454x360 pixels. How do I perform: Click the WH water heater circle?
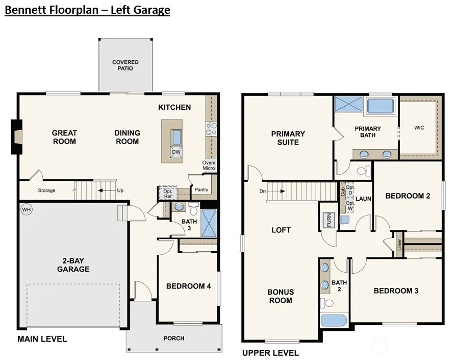pos(27,209)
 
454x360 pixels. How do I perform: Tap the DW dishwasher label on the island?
pos(176,152)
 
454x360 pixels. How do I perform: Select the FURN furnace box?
pos(329,220)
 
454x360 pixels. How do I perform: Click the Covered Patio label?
pos(125,65)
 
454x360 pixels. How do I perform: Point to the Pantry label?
pos(201,189)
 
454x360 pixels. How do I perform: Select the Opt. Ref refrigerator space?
pos(168,193)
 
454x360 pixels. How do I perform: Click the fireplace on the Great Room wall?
pos(17,136)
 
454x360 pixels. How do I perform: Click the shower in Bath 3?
pos(209,223)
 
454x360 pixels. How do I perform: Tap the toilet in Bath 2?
pos(327,303)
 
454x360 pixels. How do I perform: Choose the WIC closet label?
pos(419,128)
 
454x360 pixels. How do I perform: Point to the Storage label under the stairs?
pos(46,190)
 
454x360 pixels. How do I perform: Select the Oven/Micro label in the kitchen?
pos(209,165)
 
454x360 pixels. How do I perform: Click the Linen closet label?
pos(399,245)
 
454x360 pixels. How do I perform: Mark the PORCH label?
pos(174,338)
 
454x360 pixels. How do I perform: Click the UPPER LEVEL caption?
pos(270,353)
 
